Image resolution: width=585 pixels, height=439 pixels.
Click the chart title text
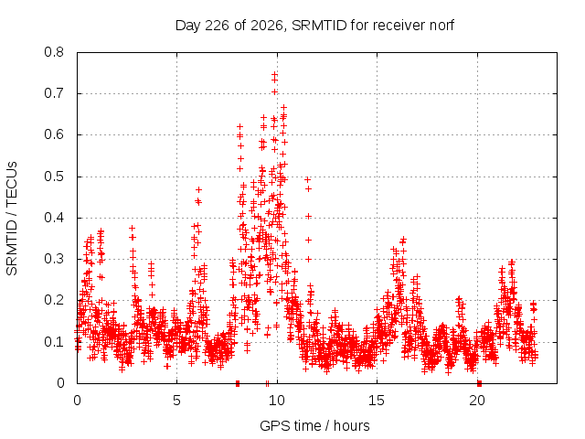(x=314, y=26)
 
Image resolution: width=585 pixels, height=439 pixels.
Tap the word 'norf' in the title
(x=441, y=26)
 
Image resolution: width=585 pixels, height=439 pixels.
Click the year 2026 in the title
(x=267, y=26)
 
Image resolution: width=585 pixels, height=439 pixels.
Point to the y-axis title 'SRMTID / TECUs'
(x=12, y=219)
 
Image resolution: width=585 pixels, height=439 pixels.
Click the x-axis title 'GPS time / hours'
(x=314, y=425)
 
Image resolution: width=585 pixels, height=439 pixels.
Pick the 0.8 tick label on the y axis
(x=54, y=52)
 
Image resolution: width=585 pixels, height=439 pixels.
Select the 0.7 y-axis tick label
(x=54, y=93)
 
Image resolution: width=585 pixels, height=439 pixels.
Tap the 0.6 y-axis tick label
(x=54, y=134)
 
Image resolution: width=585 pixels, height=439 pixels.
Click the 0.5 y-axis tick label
(x=54, y=177)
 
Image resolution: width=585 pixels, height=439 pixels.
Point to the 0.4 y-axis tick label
(x=54, y=218)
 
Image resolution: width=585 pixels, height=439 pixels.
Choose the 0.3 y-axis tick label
(x=54, y=259)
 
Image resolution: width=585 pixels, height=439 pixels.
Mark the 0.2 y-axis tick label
(x=54, y=301)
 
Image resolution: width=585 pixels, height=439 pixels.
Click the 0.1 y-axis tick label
(x=54, y=342)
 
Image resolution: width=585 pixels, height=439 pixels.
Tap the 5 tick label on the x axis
(x=176, y=401)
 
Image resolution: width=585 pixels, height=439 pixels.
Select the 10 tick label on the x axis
(x=277, y=401)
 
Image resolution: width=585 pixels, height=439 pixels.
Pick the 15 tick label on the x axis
(x=377, y=401)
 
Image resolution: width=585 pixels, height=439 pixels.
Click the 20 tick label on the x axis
(x=477, y=401)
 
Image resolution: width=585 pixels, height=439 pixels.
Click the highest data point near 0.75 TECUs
(x=274, y=75)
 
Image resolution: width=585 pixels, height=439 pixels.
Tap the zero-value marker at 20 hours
(x=479, y=383)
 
